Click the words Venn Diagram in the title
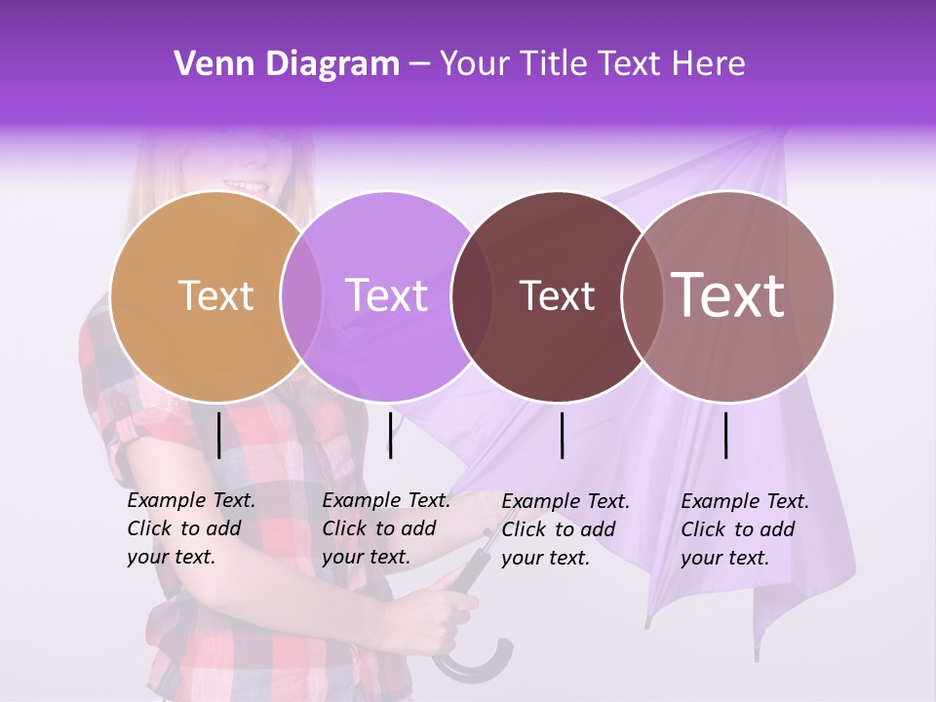tap(286, 64)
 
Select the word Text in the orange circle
tap(215, 295)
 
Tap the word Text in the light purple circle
tap(386, 295)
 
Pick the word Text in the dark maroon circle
tap(557, 295)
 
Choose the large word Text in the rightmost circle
tap(727, 295)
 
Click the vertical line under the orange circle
tap(218, 435)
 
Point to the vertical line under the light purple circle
tap(390, 435)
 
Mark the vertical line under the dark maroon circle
tap(562, 435)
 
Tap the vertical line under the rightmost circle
tap(725, 435)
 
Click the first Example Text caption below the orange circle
tap(191, 528)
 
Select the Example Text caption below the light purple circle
tap(386, 528)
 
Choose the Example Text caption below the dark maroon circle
tap(565, 529)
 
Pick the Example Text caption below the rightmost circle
tap(745, 529)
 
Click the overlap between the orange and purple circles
tap(301, 296)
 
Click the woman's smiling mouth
tap(247, 184)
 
